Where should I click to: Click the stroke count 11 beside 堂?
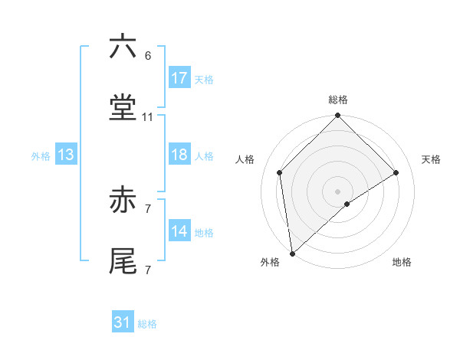tap(148, 117)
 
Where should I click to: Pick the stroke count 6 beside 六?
tap(148, 56)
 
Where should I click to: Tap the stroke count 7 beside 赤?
tap(148, 208)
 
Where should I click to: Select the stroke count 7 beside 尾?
tap(148, 270)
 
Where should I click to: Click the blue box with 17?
tap(179, 78)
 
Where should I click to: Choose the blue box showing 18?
tap(179, 155)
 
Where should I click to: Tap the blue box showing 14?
tap(179, 231)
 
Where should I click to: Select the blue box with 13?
tap(66, 155)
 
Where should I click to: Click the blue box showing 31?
tap(123, 322)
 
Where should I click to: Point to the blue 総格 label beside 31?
tap(147, 324)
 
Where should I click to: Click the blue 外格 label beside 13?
tap(41, 156)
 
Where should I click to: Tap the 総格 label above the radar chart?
tap(338, 100)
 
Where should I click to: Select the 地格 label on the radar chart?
tap(402, 263)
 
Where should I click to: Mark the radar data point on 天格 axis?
tap(396, 172)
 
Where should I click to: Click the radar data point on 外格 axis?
tap(291, 254)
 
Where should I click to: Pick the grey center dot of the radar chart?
tap(338, 191)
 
